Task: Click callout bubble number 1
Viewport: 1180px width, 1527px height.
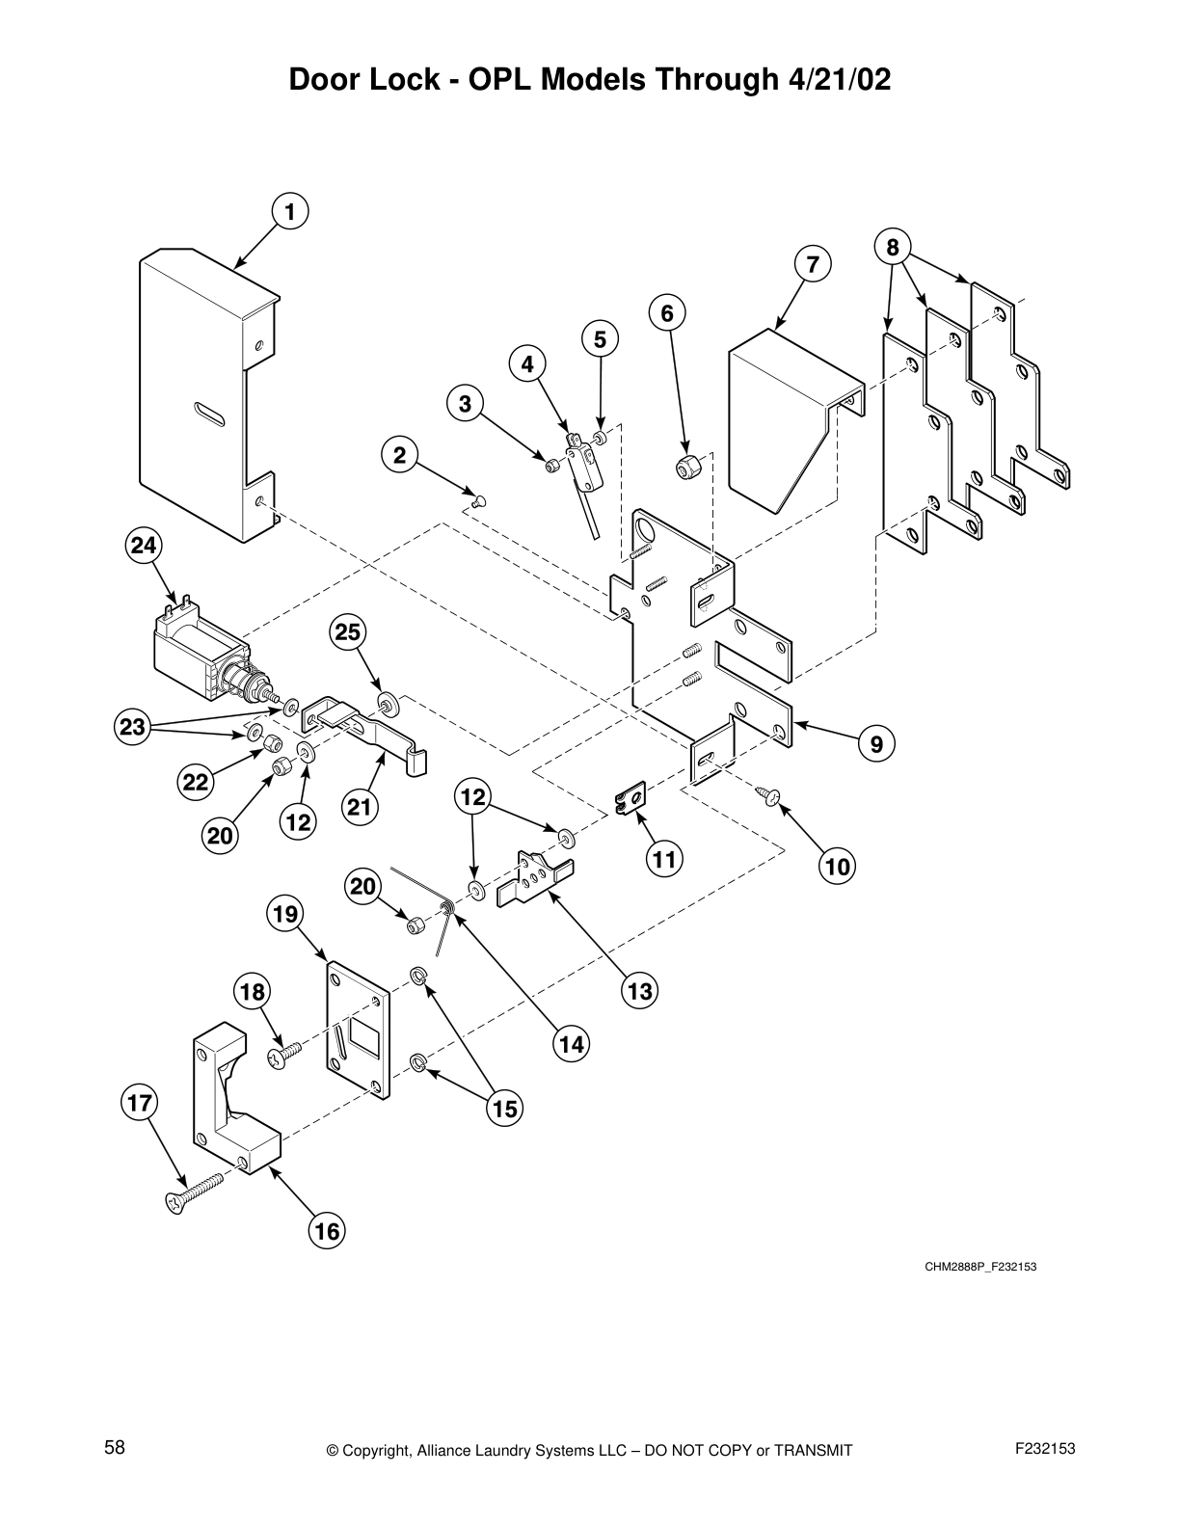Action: pyautogui.click(x=288, y=210)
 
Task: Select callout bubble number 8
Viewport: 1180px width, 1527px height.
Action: pyautogui.click(x=893, y=247)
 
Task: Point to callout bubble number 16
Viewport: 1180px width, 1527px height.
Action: pyautogui.click(x=327, y=1231)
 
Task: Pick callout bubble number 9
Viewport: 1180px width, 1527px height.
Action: pyautogui.click(x=876, y=743)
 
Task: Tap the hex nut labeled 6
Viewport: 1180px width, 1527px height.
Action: pyautogui.click(x=689, y=468)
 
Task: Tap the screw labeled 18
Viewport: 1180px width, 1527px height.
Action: pyautogui.click(x=282, y=1055)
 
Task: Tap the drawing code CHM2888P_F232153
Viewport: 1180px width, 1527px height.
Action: pyautogui.click(x=980, y=1266)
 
